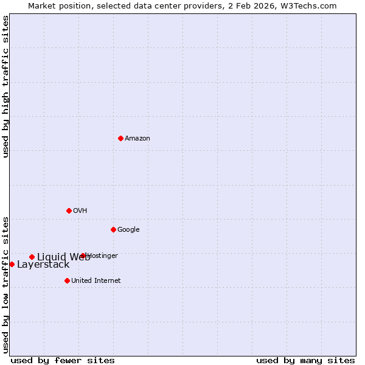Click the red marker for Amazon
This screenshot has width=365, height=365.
(x=120, y=138)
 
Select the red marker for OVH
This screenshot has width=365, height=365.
(x=69, y=210)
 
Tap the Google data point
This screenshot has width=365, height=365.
(x=113, y=229)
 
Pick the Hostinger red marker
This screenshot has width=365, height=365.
(x=83, y=255)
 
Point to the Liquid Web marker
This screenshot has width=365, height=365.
(x=32, y=257)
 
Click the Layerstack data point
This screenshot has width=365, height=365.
(x=12, y=264)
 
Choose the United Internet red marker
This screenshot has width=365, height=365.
(x=67, y=280)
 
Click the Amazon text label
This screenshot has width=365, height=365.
(x=137, y=139)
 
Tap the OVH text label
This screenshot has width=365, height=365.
(x=80, y=211)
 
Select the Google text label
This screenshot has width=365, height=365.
(x=128, y=230)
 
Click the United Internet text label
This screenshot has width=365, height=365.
(x=96, y=281)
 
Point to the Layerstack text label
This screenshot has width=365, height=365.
(x=43, y=265)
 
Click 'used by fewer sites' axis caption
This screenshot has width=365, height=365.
(x=63, y=361)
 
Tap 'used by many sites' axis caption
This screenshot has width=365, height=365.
(x=305, y=361)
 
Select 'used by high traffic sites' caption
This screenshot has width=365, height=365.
(x=5, y=86)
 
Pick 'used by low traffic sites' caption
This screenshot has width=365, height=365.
(x=5, y=284)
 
